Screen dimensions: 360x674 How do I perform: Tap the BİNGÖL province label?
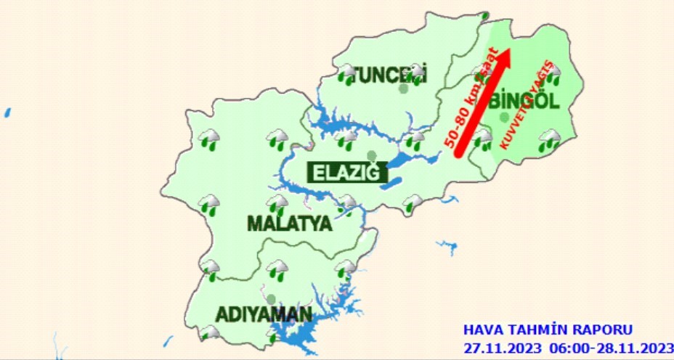524,101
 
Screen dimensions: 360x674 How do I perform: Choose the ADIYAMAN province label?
264,315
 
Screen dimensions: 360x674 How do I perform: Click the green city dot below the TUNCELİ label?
403,89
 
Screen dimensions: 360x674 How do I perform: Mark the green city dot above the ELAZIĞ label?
371,155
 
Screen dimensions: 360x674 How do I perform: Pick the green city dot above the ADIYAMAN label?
271,298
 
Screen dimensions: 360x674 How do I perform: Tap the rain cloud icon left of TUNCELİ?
346,74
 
